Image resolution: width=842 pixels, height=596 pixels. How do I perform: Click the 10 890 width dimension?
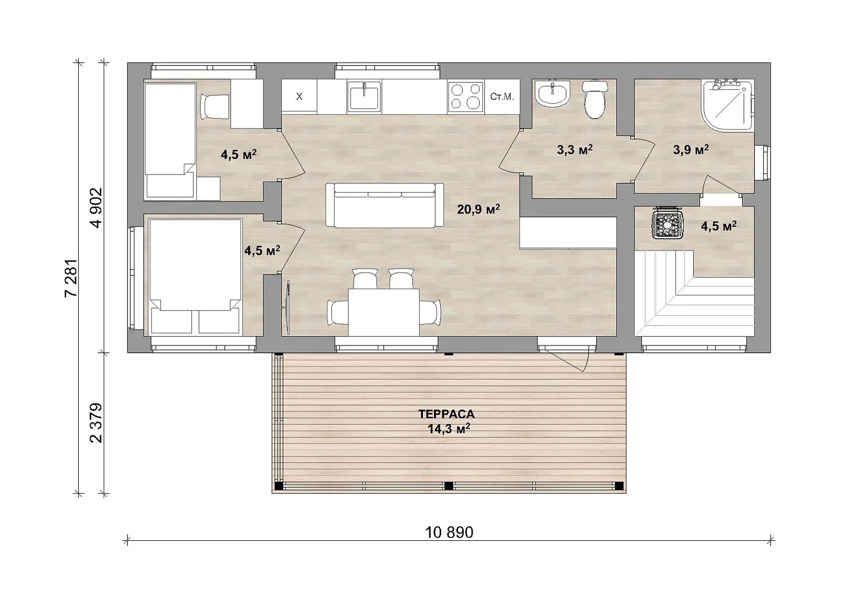pyautogui.click(x=449, y=533)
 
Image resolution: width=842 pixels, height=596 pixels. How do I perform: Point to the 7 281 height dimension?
pyautogui.click(x=71, y=278)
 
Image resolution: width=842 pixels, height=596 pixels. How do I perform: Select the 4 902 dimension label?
pyautogui.click(x=96, y=208)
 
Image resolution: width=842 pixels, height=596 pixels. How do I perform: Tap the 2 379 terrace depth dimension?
pyautogui.click(x=96, y=423)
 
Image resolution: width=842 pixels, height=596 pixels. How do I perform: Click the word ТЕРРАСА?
pyautogui.click(x=447, y=414)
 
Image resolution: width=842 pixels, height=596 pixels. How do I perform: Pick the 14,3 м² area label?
pyautogui.click(x=449, y=429)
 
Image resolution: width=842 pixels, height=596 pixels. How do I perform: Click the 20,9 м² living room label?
pyautogui.click(x=479, y=209)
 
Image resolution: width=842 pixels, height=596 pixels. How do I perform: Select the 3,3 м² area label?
pyautogui.click(x=575, y=150)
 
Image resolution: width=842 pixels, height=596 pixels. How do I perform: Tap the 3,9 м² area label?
pyautogui.click(x=691, y=150)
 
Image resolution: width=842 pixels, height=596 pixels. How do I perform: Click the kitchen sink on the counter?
pyautogui.click(x=364, y=97)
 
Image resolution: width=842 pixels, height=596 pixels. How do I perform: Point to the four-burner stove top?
pyautogui.click(x=466, y=97)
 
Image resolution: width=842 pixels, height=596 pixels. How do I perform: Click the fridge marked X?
pyautogui.click(x=299, y=96)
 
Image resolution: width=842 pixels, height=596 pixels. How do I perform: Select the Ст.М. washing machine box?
pyautogui.click(x=502, y=97)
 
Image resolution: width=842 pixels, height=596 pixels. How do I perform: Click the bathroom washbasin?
pyautogui.click(x=553, y=93)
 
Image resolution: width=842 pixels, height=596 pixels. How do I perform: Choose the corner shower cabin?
pyautogui.click(x=727, y=105)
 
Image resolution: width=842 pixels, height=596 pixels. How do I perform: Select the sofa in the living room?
pyautogui.click(x=384, y=205)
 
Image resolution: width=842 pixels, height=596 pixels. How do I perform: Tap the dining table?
pyautogui.click(x=384, y=312)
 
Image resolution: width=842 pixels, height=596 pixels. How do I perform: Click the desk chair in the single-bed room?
pyautogui.click(x=214, y=107)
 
